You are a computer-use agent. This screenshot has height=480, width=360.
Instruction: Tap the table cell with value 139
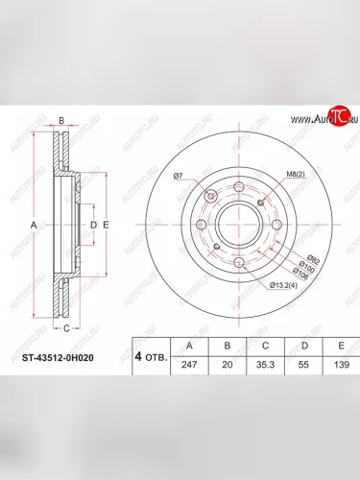point(336,367)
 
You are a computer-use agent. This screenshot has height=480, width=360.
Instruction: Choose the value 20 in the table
point(227,367)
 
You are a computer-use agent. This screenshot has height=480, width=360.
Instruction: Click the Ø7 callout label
point(179,176)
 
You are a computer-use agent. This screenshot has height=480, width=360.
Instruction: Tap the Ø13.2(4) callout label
point(283,284)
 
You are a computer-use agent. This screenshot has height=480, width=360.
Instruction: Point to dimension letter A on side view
point(35,225)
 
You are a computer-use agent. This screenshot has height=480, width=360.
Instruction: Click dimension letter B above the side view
point(61,121)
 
